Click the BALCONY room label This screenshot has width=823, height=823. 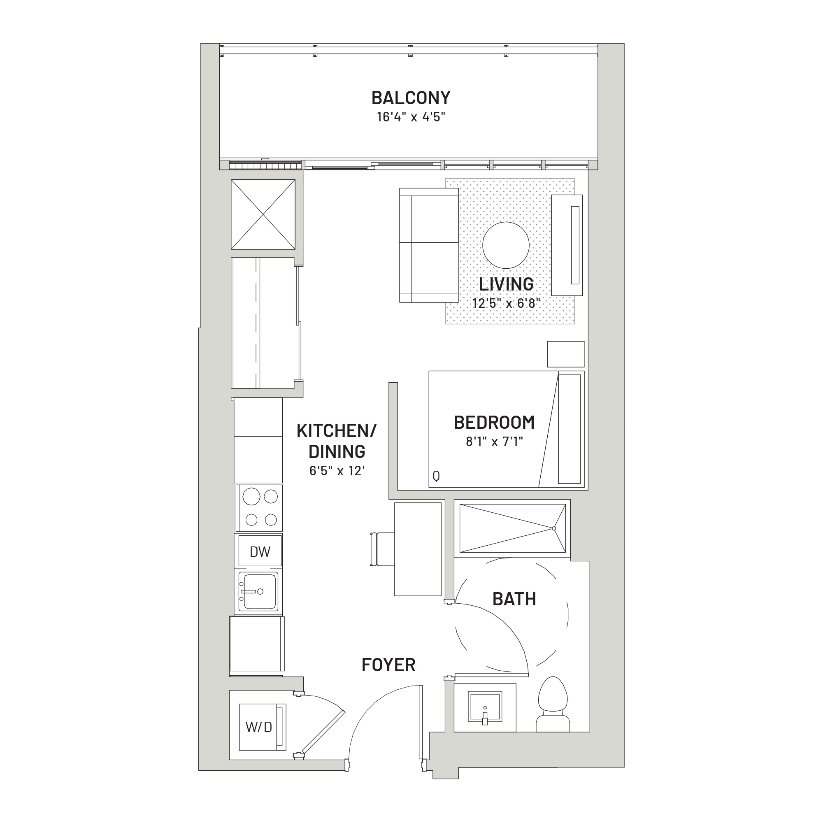(x=411, y=98)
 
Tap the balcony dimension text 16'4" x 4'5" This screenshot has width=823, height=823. (x=411, y=117)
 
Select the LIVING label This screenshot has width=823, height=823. (x=506, y=284)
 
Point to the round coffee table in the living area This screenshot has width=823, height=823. (x=506, y=245)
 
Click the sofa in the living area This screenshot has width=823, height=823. (x=428, y=245)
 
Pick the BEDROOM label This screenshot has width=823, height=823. (x=494, y=422)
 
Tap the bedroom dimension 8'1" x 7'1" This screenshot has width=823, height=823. (x=494, y=441)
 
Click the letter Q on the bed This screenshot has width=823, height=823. (x=436, y=476)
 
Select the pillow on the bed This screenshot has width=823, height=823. (x=569, y=429)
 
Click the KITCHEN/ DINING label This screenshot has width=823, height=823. (x=337, y=441)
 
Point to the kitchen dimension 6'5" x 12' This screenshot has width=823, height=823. (x=337, y=471)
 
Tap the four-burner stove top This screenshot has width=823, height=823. (x=259, y=508)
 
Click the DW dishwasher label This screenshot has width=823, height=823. (x=260, y=552)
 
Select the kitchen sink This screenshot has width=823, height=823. (x=258, y=591)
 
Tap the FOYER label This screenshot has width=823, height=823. (x=388, y=665)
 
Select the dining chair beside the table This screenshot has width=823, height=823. (x=383, y=549)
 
